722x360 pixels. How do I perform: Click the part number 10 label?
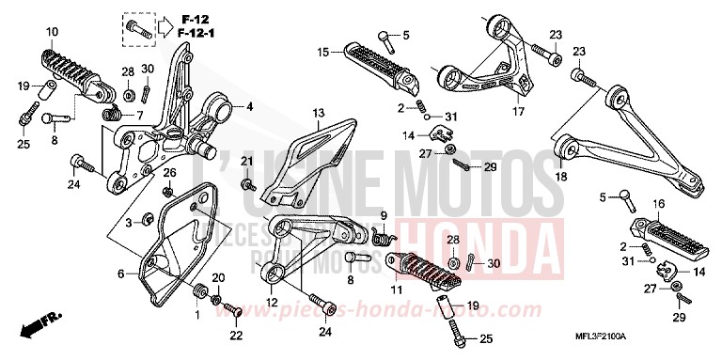tap(53, 32)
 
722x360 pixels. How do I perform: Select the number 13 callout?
tap(319, 113)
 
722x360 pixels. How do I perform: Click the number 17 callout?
tap(517, 112)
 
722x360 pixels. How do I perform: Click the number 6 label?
tap(120, 274)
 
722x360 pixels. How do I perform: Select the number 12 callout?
tap(271, 303)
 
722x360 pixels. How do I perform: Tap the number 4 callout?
tap(250, 107)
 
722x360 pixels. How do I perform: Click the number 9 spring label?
tap(385, 215)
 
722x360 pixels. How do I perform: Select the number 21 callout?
tap(247, 162)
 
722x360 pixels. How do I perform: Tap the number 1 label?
tap(196, 315)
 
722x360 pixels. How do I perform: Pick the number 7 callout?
tap(139, 115)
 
